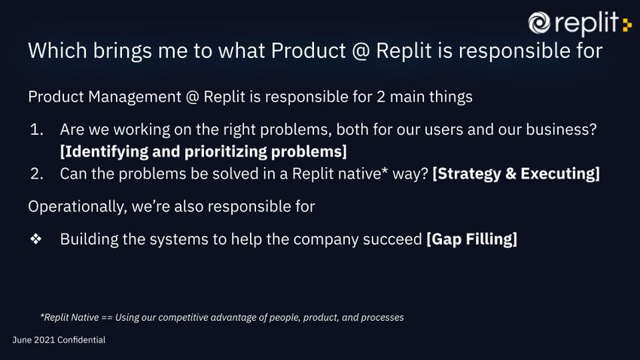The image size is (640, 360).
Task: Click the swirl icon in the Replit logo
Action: (x=539, y=23)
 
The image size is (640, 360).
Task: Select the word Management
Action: (x=133, y=97)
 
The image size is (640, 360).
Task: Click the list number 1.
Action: (x=36, y=130)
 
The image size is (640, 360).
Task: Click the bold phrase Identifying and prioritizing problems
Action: (x=203, y=151)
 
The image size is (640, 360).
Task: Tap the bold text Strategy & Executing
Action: (x=516, y=173)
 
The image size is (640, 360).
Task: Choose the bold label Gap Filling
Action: (x=472, y=239)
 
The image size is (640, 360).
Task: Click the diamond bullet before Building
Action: (x=35, y=239)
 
